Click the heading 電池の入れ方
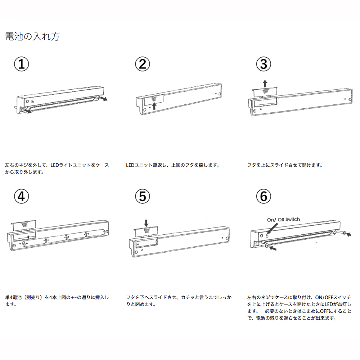tap(32, 37)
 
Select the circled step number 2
tap(142, 65)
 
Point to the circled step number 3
tap(264, 65)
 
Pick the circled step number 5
tap(142, 196)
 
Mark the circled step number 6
tap(264, 196)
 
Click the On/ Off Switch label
tap(283, 219)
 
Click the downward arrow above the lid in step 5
tap(146, 222)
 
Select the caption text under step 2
tap(173, 166)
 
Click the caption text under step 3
tap(284, 166)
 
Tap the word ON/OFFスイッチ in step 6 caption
tap(330, 298)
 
